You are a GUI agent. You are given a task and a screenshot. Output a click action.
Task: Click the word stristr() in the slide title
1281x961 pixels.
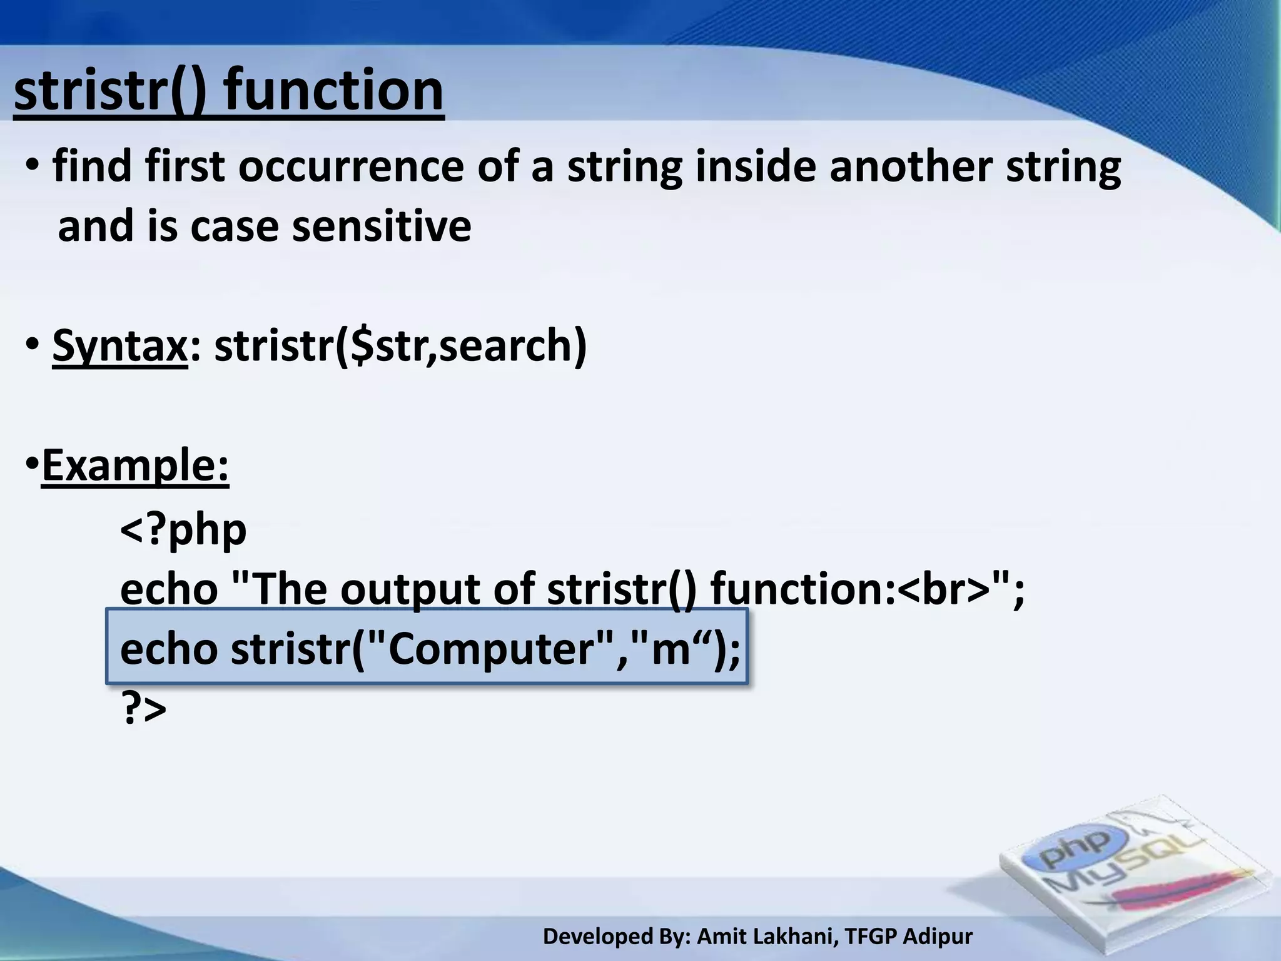(109, 91)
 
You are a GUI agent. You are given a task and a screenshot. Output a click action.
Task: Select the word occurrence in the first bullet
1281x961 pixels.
(351, 168)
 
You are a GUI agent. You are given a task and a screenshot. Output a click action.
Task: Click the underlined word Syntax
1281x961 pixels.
(119, 345)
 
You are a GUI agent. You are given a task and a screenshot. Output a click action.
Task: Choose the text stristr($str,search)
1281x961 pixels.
(400, 345)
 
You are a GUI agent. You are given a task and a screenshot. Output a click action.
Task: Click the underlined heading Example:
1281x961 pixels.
(135, 465)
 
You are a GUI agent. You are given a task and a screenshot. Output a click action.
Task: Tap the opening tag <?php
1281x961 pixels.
(183, 530)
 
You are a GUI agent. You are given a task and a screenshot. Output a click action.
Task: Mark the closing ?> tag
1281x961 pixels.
(143, 709)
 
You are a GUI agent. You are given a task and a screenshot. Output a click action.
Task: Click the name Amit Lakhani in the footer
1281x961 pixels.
(766, 937)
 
